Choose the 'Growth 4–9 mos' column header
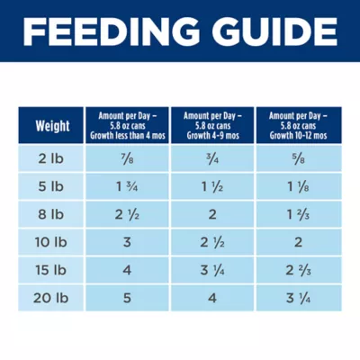tap(211, 126)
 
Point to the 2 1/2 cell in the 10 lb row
tap(211, 244)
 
